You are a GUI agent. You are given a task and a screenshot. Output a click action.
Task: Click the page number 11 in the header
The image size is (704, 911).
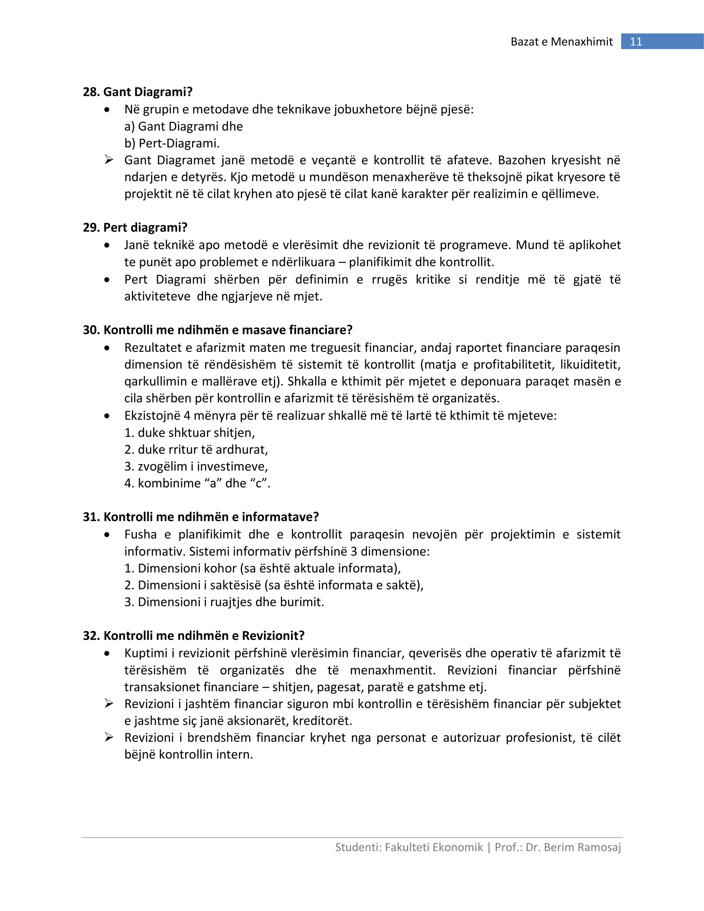(x=636, y=42)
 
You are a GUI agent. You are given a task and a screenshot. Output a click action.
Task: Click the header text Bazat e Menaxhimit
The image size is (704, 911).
(x=561, y=42)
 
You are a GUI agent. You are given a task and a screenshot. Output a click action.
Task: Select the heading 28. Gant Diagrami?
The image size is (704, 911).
(x=137, y=92)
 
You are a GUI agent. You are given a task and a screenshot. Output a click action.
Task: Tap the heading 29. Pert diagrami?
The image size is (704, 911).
(x=135, y=227)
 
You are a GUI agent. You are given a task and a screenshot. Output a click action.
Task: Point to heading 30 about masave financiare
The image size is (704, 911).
(x=218, y=330)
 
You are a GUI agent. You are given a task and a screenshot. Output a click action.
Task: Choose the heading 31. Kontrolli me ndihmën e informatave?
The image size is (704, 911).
(x=201, y=517)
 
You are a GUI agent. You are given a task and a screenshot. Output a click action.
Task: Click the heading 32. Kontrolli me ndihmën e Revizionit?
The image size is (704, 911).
(x=194, y=636)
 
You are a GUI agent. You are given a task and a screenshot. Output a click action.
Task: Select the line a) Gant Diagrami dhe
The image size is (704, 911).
(x=184, y=127)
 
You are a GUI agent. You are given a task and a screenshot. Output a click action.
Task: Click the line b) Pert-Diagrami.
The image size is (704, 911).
(x=172, y=143)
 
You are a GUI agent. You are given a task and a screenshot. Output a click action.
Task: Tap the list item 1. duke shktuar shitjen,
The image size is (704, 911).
(x=189, y=432)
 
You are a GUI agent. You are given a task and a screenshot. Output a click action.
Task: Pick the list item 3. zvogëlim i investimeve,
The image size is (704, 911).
(x=196, y=467)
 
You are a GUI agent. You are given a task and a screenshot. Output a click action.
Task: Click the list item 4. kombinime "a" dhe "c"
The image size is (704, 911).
(x=197, y=483)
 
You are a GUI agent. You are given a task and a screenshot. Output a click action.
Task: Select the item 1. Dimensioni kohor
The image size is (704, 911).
(x=262, y=568)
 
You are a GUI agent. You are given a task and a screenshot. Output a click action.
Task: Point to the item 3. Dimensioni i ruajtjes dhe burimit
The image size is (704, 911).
(x=224, y=602)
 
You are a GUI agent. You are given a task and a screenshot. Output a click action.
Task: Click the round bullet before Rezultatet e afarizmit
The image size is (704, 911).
(x=108, y=348)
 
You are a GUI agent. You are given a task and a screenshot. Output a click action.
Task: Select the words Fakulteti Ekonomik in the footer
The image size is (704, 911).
(x=434, y=847)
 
